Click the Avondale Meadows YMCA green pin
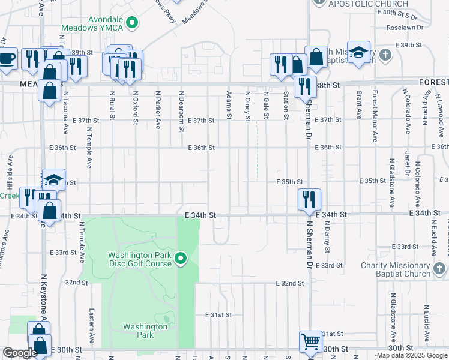(x=134, y=23)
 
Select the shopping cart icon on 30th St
(x=310, y=342)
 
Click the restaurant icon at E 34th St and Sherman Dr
(x=309, y=198)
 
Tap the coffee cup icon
(x=7, y=59)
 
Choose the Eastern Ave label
(x=91, y=326)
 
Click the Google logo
(x=20, y=353)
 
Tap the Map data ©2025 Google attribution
(x=412, y=356)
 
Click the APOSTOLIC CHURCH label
(x=360, y=4)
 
